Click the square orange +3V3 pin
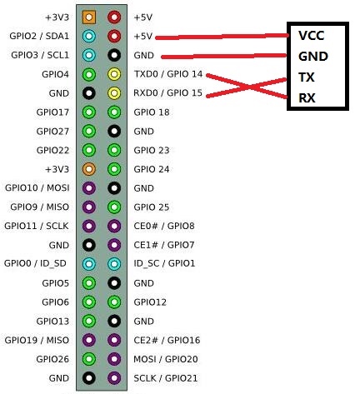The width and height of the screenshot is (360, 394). (89, 17)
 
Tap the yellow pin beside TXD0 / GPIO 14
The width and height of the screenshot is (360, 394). (114, 74)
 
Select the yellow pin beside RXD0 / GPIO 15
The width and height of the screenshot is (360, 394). (114, 93)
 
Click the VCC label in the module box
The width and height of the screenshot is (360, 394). (311, 36)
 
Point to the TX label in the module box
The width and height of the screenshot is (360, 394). (307, 77)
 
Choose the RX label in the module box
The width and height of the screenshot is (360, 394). (307, 97)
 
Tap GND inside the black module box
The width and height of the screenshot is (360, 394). (313, 57)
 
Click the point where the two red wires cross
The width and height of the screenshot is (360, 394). (249, 87)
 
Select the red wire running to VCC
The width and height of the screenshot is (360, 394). (222, 37)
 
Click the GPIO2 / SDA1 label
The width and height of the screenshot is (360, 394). (39, 36)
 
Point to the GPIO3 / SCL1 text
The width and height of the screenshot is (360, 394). (40, 55)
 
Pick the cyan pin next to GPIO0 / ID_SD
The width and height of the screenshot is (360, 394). (89, 264)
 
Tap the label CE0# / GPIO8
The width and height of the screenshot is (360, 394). (164, 226)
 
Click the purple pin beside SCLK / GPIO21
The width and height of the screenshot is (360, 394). (114, 378)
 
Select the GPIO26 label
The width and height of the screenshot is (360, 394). (52, 359)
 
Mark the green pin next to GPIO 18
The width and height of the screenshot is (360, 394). (114, 112)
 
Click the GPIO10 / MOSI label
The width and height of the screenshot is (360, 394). (37, 188)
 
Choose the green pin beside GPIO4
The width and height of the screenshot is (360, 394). (89, 74)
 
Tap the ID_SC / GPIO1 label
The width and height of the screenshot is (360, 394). (164, 263)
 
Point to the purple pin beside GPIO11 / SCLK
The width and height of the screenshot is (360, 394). (89, 226)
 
